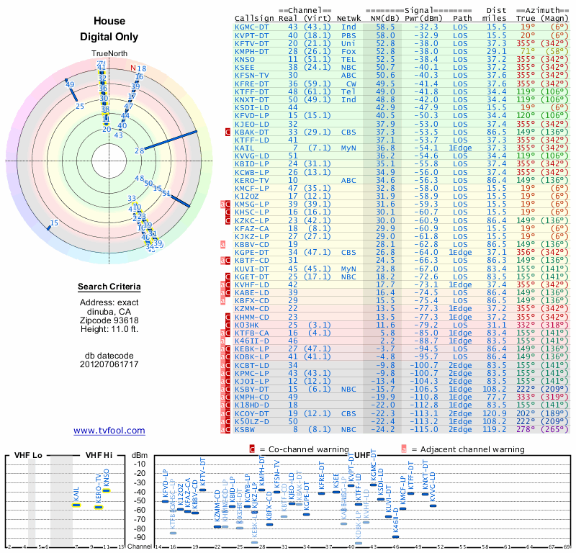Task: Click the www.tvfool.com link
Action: click(x=109, y=431)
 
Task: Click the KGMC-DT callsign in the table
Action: click(x=252, y=27)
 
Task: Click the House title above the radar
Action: click(x=109, y=22)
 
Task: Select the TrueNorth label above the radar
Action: click(x=109, y=54)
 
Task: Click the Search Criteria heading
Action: click(x=109, y=287)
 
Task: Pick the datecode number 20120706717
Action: click(x=109, y=365)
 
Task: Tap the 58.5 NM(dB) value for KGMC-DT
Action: click(x=384, y=27)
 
